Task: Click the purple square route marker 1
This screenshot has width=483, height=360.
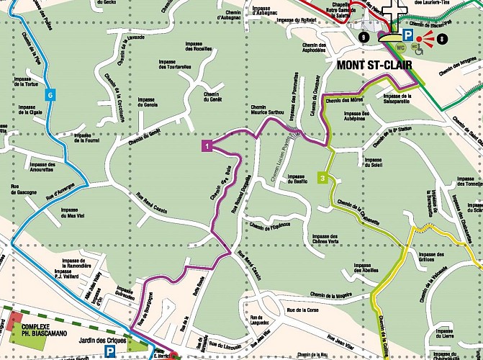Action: click(207, 147)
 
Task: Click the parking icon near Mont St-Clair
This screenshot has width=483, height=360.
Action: click(407, 35)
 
